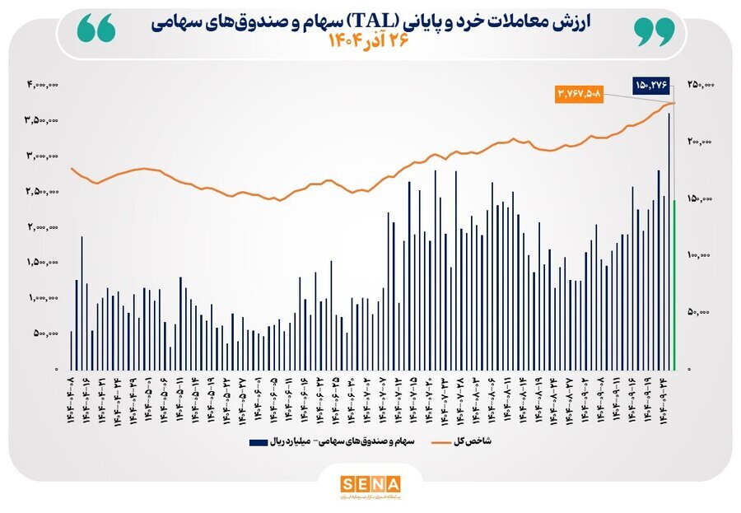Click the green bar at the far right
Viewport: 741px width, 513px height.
click(674, 284)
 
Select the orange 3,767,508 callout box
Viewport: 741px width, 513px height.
click(580, 95)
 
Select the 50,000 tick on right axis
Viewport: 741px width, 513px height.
click(701, 312)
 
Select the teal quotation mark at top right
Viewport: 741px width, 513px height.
click(655, 31)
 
